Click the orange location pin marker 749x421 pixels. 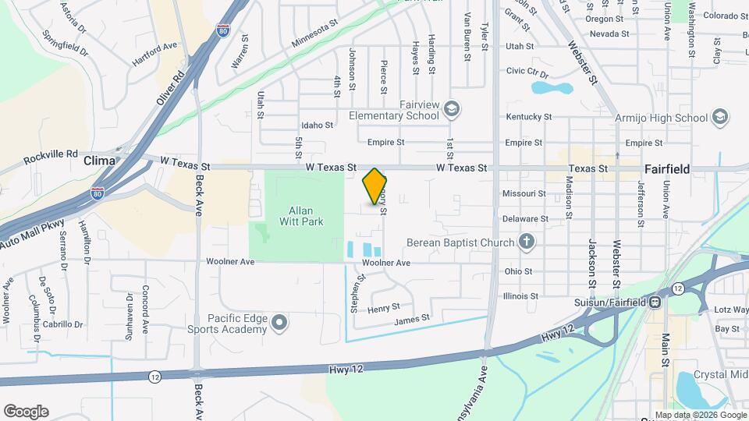click(x=374, y=186)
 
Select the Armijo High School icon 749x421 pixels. click(x=720, y=118)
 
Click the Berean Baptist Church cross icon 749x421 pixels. click(x=527, y=242)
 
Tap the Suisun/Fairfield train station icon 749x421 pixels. click(x=655, y=301)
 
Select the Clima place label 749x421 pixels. click(x=99, y=160)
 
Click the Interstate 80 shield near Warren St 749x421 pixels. click(x=223, y=30)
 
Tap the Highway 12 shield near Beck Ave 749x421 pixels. click(x=156, y=377)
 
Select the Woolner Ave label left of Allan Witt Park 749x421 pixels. click(x=230, y=262)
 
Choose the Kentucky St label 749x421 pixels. click(x=528, y=117)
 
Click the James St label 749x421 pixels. click(x=412, y=319)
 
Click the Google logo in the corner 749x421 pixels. click(x=26, y=411)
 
